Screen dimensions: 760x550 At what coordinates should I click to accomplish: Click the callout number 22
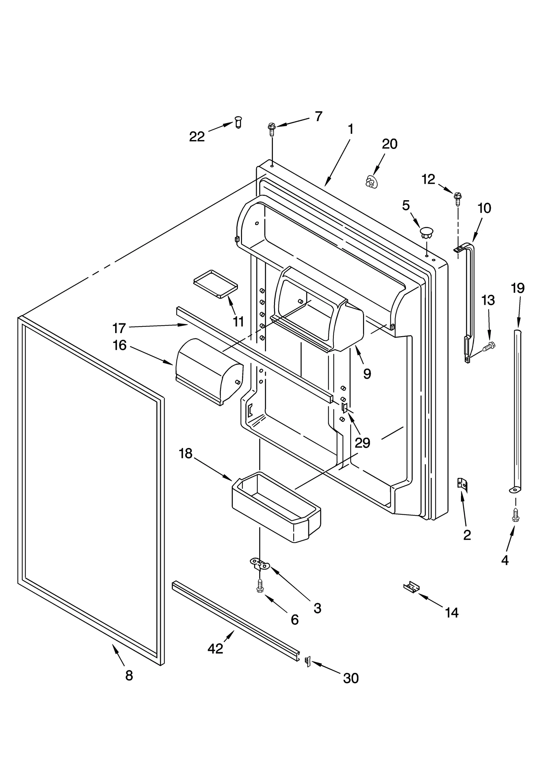(197, 137)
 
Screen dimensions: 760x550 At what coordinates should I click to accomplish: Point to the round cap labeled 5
(427, 232)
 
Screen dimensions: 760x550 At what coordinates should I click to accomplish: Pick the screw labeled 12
(457, 197)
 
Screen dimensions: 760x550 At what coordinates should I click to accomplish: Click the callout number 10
(484, 208)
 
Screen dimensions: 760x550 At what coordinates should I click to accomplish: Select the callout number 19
(518, 288)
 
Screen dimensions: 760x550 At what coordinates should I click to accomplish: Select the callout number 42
(215, 648)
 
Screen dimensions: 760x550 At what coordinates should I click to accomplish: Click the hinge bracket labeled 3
(260, 564)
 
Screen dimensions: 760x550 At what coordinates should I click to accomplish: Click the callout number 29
(362, 443)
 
